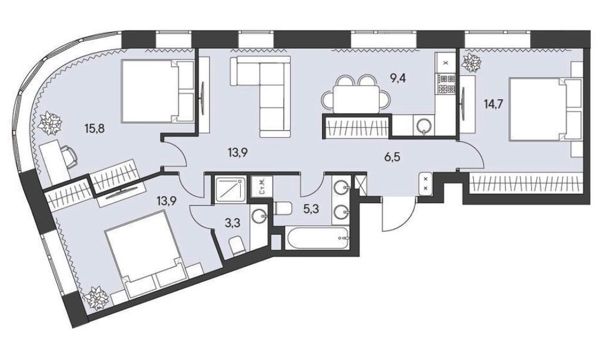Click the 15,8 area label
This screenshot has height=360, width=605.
(x=95, y=127)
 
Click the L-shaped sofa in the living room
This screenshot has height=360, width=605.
(x=261, y=96)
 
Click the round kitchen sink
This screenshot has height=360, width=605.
(x=423, y=126)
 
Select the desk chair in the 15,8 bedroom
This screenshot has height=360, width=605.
(x=69, y=156)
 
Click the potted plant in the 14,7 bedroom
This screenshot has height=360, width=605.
(x=472, y=62)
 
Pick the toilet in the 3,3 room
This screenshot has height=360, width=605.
(x=237, y=245)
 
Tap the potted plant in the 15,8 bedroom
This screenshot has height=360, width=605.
(x=49, y=123)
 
